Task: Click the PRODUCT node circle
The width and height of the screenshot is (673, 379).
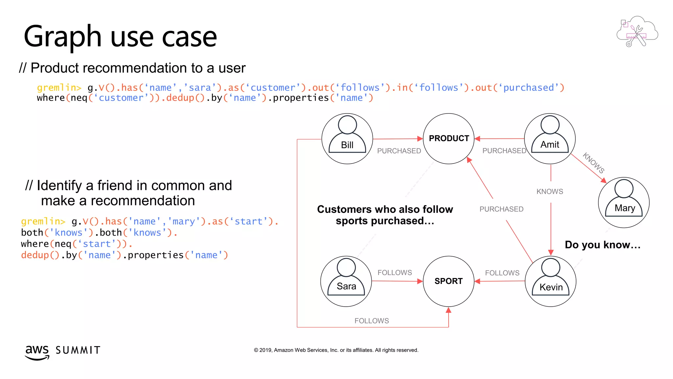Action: [x=449, y=139]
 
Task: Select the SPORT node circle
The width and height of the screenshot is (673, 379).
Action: [x=449, y=281]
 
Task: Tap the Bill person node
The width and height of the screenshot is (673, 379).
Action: [x=347, y=139]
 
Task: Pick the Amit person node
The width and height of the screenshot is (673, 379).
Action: [x=550, y=139]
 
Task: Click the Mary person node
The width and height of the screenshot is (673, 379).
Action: [x=624, y=202]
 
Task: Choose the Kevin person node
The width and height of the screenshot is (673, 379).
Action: [x=551, y=281]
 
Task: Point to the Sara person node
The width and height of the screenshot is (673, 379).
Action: [x=346, y=281]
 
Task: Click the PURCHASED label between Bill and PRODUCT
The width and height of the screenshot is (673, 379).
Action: [x=399, y=151]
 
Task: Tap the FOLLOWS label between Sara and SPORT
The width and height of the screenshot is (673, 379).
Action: [x=395, y=273]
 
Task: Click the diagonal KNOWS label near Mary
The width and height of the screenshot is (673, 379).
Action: [x=593, y=163]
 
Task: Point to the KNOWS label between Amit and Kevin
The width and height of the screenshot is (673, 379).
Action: [x=550, y=191]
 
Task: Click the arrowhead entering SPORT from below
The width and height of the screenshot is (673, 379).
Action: [x=449, y=310]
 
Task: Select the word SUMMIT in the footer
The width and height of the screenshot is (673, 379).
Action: [x=78, y=350]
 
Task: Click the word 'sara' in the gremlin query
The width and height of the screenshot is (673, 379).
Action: [x=200, y=88]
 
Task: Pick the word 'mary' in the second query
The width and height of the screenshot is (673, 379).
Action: [x=184, y=221]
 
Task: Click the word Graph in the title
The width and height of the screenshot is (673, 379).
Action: [x=62, y=37]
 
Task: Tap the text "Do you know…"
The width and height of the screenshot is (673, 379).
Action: [x=603, y=245]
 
